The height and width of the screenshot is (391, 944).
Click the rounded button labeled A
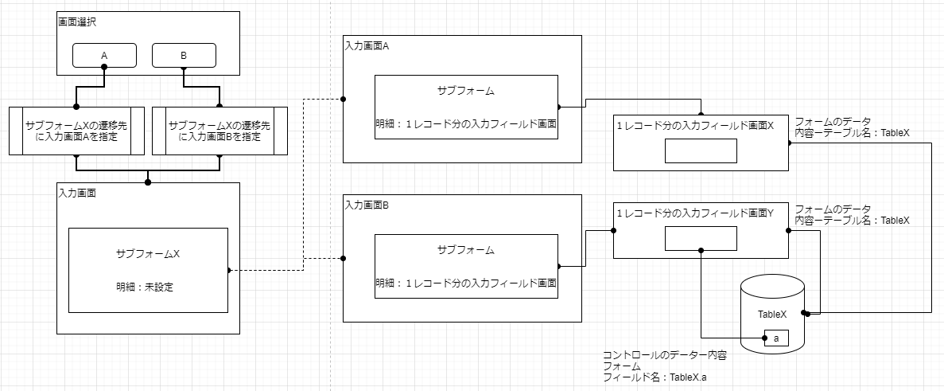tap(104, 56)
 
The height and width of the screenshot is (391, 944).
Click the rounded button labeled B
tap(184, 56)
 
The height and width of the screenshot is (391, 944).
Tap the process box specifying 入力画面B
tap(219, 131)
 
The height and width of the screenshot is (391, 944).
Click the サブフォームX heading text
tap(148, 254)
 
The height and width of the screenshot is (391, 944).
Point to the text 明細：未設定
tap(145, 287)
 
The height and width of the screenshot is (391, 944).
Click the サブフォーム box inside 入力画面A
tap(466, 108)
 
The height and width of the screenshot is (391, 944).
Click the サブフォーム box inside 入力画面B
tap(466, 267)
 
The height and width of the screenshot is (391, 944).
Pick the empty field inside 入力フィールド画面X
tap(701, 151)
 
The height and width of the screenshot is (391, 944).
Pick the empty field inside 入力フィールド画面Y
tap(701, 238)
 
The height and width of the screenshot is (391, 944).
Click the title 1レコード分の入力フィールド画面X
tap(695, 126)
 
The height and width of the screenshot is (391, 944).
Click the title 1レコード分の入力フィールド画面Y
tap(695, 213)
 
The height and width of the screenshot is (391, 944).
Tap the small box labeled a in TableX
tap(775, 338)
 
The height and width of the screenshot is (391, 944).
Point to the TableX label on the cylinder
tap(773, 314)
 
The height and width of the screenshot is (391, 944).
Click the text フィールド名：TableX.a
tap(655, 378)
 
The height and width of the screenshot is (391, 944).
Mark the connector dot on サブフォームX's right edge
tap(228, 270)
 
